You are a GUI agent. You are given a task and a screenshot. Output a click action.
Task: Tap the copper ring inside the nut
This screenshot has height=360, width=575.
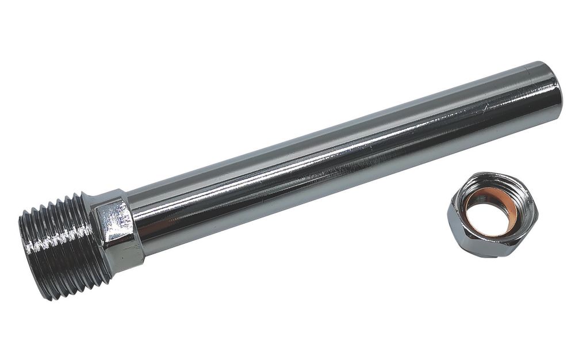[473, 202]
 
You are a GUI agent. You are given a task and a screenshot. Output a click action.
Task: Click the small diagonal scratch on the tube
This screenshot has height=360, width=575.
[489, 106]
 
